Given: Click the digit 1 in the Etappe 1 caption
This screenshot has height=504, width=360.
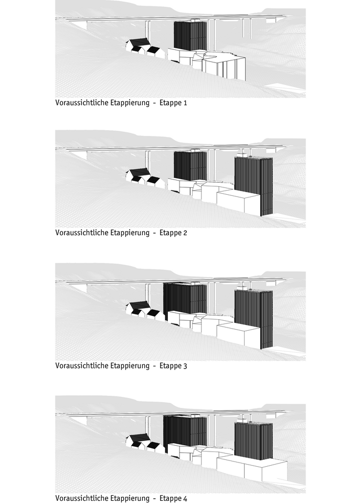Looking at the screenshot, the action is [185, 103].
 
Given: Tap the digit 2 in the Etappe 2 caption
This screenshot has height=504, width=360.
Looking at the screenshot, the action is [185, 233].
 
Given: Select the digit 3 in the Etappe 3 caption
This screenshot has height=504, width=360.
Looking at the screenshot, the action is [185, 366].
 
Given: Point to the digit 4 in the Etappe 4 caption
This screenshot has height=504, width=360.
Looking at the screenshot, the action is [185, 499].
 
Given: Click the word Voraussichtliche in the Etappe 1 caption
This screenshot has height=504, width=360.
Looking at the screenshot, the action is [82, 102].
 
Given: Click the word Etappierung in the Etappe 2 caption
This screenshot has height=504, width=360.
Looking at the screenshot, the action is [130, 233].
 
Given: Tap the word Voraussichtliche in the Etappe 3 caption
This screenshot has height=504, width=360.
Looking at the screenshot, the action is [82, 365].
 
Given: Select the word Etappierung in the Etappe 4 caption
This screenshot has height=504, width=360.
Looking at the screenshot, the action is [130, 499].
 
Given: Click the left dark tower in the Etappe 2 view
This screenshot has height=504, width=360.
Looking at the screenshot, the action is [190, 165].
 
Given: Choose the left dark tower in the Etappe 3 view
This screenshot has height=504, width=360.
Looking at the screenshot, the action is [185, 299].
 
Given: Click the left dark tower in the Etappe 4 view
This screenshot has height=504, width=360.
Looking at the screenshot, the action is [185, 432].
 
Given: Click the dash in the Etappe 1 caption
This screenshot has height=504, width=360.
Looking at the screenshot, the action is [155, 103].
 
